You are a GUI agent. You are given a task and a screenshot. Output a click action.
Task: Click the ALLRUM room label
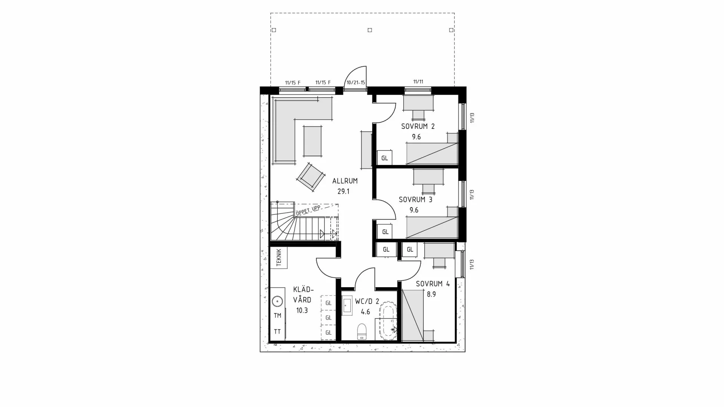pos(345,181)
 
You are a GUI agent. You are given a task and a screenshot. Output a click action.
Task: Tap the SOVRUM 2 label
pos(417,127)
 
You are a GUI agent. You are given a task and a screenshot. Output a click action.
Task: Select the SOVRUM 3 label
pos(415,200)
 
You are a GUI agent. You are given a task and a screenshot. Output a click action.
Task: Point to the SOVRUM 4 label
pos(433,284)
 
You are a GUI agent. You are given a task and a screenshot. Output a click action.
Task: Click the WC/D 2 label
pos(367,301)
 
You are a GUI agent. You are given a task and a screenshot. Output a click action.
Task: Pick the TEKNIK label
pos(279,257)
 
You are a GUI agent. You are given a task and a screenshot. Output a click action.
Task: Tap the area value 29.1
pos(343,191)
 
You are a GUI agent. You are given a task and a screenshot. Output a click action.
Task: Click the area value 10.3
pos(302,311)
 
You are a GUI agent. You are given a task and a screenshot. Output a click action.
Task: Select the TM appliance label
pos(278,316)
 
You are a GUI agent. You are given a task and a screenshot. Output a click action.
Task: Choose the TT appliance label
pos(278,332)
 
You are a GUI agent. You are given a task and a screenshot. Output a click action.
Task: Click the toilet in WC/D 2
pos(362,331)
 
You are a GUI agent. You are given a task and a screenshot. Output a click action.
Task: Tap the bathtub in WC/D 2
pos(388,320)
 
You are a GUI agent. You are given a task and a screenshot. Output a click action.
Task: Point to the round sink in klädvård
pos(278,301)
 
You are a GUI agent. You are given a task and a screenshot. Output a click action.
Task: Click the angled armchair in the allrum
pos(311,176)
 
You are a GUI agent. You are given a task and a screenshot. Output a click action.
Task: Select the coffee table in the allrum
pos(313,141)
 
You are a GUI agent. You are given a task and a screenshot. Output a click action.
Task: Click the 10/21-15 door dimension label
pos(356,83)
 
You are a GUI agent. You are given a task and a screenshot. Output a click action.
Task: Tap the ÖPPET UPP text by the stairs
pos(308,210)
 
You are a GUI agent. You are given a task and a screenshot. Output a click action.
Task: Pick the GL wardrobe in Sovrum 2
pos(385,158)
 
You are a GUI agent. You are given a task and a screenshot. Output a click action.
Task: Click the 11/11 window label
pos(418,82)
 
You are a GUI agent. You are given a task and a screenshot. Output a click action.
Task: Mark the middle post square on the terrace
pos(370,30)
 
